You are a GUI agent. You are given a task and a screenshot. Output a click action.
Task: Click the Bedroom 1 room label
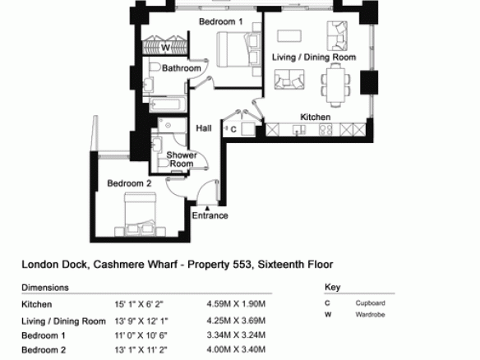click(221, 21)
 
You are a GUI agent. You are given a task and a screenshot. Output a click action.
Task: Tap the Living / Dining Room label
click(314, 58)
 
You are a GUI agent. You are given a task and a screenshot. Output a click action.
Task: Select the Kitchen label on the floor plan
click(316, 117)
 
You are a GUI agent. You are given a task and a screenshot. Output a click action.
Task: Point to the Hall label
click(204, 128)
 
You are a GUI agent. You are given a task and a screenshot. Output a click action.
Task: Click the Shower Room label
click(182, 159)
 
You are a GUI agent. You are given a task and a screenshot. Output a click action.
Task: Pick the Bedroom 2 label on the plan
click(129, 183)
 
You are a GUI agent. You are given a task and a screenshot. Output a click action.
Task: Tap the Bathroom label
click(181, 68)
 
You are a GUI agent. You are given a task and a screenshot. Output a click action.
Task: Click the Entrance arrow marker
click(207, 208)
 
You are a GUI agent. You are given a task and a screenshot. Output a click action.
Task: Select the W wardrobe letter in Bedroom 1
click(165, 48)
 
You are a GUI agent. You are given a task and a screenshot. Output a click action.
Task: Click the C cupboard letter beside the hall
click(233, 130)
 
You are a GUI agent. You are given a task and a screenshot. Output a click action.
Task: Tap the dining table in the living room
click(336, 85)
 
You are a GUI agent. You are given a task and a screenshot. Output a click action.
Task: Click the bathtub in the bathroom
click(164, 104)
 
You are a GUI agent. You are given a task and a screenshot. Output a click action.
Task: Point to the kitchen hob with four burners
click(325, 130)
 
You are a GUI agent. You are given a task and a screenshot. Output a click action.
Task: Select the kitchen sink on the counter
click(299, 130)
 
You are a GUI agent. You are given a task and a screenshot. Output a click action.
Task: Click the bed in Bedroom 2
click(141, 215)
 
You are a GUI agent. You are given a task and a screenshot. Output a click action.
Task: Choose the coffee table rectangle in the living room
click(289, 36)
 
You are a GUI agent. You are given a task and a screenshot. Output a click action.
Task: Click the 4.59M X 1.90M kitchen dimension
click(236, 304)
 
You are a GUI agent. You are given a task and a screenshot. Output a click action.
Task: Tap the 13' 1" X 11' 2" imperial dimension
click(141, 349)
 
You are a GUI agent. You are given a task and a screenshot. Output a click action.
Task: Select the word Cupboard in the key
click(370, 303)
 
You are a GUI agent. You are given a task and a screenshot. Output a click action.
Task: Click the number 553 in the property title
click(242, 264)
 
